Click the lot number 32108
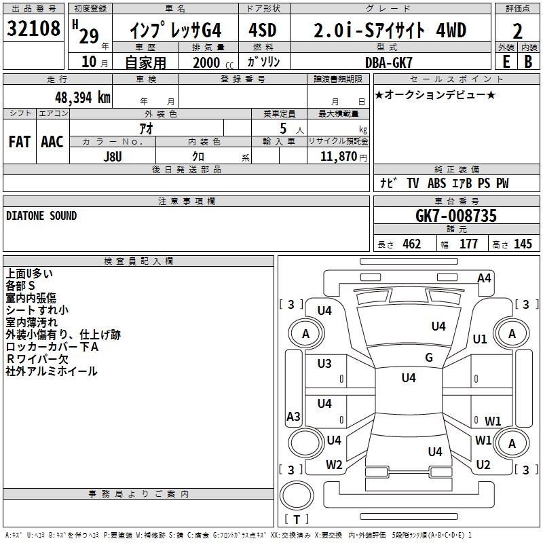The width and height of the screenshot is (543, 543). pos(33,29)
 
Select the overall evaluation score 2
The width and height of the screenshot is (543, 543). pos(518,31)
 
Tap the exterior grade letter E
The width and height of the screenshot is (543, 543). pos(506,61)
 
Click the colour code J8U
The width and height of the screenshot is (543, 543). pos(113,155)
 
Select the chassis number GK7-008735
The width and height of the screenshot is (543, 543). pos(456,216)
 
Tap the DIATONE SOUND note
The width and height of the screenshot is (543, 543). pos(41,216)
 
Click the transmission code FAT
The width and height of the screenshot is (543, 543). pos(19,142)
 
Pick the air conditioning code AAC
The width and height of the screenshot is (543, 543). pos(52,142)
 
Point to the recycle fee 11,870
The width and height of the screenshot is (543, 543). pos(338,156)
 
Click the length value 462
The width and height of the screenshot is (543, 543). pos(411,244)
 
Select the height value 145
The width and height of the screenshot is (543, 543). pos(523,244)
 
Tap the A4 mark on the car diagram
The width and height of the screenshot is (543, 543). pos(484,278)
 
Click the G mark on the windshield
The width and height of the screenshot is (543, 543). pos(429,358)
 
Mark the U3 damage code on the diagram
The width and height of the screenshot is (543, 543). pos(324,364)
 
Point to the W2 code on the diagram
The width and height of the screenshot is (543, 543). pos(334,465)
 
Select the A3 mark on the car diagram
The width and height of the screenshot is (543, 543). pos(293,417)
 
